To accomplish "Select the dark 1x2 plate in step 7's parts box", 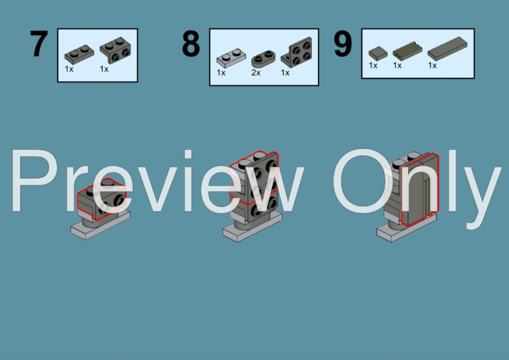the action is pos(79,54).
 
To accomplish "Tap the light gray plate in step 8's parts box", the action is pos(231,58).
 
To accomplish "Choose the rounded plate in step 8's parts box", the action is pos(263,59).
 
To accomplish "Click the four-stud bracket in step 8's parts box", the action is pos(296,52).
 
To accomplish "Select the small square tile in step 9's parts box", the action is pos(378,53).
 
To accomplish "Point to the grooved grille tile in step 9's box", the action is pos(407,51).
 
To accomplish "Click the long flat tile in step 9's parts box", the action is pos(447,48).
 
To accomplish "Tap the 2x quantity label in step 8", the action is pos(256,72).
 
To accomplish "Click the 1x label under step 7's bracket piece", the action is pos(104,69).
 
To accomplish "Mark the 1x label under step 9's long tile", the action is pos(432,65).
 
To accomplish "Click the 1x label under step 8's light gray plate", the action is pos(221,72).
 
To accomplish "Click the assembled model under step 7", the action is pos(100,210).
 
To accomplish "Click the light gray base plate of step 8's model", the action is pos(252,228).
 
